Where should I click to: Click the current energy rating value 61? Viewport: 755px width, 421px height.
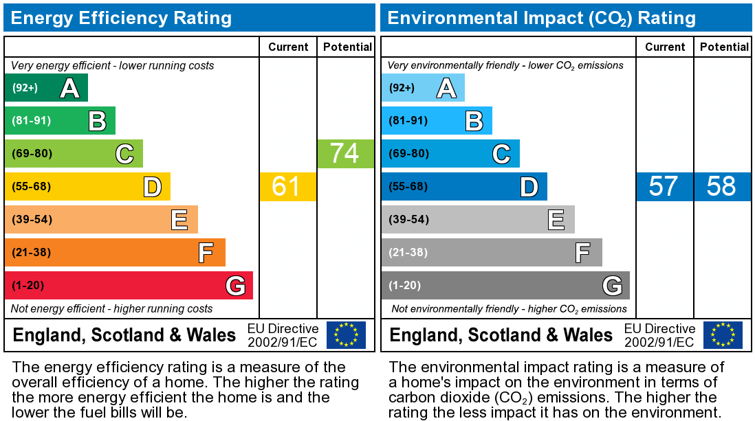pos(286,187)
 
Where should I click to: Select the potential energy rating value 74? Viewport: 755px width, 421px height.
pos(344,154)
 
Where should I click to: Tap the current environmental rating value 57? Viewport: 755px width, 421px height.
pos(663,187)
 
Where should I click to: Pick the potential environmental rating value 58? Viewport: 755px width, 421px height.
pos(721,187)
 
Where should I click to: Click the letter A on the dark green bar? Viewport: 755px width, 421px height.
pos(69,89)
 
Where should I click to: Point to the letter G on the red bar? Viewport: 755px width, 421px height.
pos(235,286)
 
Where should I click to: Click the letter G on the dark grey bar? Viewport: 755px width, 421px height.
pos(612,286)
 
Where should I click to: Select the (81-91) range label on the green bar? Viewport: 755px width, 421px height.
pos(32,121)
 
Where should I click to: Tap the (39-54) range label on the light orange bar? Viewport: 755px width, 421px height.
pos(32,220)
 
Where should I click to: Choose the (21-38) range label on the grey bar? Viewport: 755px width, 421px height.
pos(408,253)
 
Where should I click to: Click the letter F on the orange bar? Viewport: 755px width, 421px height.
pos(206,253)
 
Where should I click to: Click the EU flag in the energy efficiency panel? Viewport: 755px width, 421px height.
pos(346,335)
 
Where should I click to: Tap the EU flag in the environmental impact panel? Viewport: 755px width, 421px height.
pos(723,335)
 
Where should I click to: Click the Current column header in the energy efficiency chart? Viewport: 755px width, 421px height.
pos(288,47)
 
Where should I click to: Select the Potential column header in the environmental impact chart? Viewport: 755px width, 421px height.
pos(724,47)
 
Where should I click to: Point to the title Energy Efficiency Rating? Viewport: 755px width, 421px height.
pos(121,18)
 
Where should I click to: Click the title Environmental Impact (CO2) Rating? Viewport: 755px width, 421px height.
pos(542,18)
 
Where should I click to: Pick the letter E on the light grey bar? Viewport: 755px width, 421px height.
pos(556,220)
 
